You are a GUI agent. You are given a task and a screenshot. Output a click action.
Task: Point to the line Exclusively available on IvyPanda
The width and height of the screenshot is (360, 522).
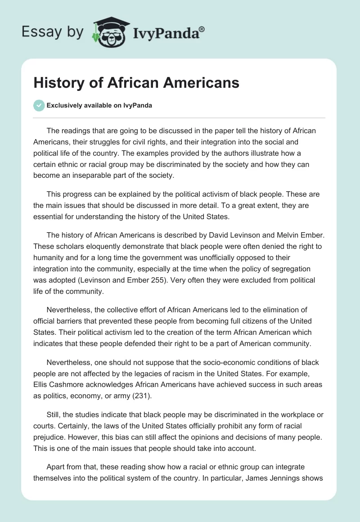click(99, 106)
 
